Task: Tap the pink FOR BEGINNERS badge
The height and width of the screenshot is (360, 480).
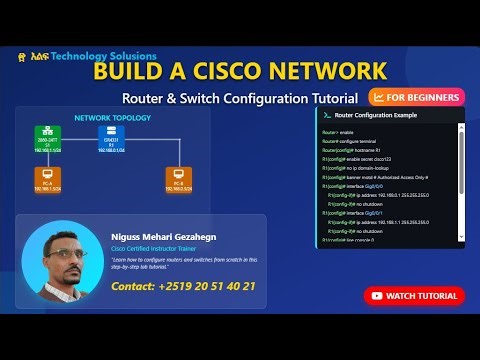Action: (416, 97)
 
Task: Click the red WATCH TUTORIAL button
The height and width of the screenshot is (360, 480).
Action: (414, 295)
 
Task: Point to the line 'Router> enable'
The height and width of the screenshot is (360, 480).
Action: (338, 132)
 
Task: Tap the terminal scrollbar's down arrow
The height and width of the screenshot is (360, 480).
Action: (461, 243)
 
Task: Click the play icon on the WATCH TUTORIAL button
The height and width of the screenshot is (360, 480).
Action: (376, 295)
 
